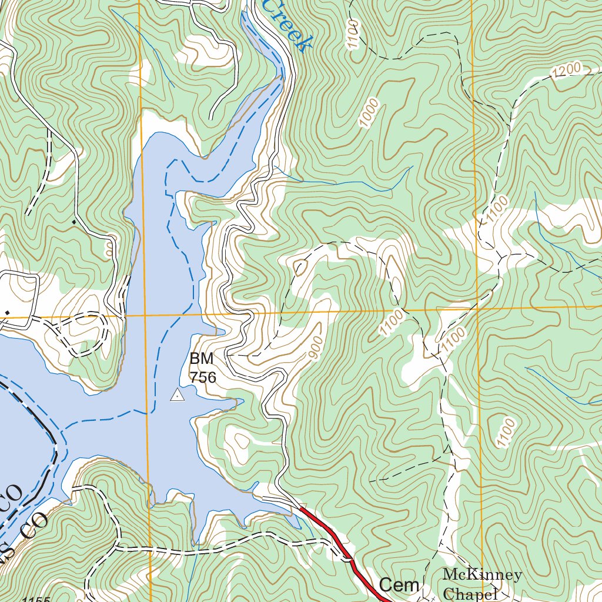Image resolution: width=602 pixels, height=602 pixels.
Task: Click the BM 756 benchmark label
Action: coord(202,367)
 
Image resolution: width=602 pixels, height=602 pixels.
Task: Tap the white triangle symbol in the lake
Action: coord(176,396)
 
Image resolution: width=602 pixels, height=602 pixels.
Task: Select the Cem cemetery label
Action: coord(399,585)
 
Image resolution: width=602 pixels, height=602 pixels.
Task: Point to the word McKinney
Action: coord(482,574)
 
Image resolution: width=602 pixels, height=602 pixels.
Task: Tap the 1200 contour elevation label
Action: coord(567,71)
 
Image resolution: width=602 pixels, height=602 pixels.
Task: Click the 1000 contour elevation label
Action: coord(369,114)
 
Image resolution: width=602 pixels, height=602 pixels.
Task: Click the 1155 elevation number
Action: coord(35,599)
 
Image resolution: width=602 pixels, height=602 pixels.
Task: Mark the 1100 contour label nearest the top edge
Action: coord(352,34)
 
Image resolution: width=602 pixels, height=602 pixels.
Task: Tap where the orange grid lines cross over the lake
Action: coord(145,315)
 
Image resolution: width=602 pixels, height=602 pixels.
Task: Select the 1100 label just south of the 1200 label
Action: coord(496,210)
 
